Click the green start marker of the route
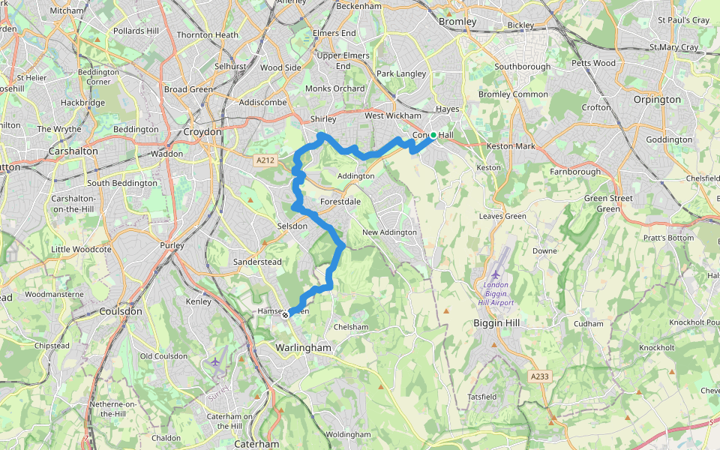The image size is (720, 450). pos(433,135)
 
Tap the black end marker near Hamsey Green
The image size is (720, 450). pos(285,315)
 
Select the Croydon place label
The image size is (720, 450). pos(202,132)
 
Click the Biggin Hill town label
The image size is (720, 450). pos(496,322)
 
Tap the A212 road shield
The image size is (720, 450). pos(265,160)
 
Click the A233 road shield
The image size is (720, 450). pos(538,376)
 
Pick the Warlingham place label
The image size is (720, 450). pos(303,348)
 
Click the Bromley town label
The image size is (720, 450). pos(457,22)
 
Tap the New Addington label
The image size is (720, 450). pos(389,232)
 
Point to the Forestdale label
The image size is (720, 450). pos(340,202)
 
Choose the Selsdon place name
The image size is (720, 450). pos(292,226)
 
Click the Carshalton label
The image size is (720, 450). pos(73,151)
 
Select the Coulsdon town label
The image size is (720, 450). pos(121,310)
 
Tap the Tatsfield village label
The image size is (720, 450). pos(482,396)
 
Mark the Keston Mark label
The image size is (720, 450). pos(511,146)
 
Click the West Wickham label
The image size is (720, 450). pos(393,115)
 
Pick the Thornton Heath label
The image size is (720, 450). pos(208,34)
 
